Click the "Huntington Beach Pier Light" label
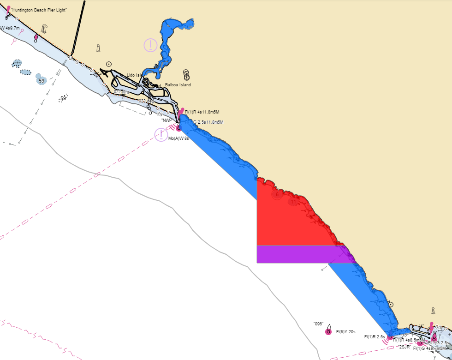click(39, 10)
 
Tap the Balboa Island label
click(178, 85)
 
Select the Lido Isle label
click(135, 75)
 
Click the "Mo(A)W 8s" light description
click(178, 138)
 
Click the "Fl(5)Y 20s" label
click(345, 332)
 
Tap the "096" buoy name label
click(318, 324)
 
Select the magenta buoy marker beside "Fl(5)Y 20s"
click(328, 332)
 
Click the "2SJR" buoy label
click(404, 347)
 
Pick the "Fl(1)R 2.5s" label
click(374, 337)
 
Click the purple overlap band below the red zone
click(300, 254)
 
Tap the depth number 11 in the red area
click(293, 202)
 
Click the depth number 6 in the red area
click(277, 195)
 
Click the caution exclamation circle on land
click(150, 45)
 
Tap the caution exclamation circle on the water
click(161, 135)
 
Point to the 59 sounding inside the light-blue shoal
click(42, 81)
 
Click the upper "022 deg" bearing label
click(121, 92)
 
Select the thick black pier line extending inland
click(78, 28)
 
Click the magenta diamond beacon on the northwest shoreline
click(36, 37)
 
